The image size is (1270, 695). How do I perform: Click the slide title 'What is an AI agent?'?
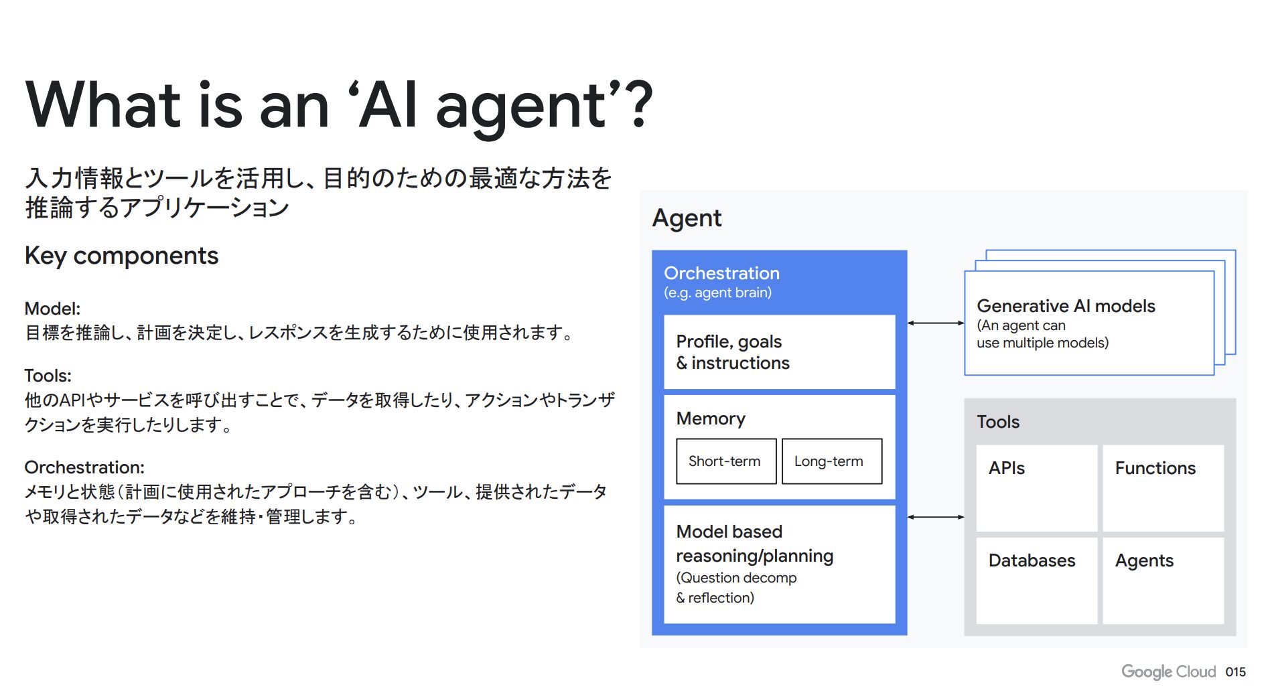point(339,106)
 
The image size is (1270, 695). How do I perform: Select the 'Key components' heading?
point(121,256)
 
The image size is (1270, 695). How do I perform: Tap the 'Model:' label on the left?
point(52,309)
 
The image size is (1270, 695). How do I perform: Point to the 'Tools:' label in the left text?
point(48,376)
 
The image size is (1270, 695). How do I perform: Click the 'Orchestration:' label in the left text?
point(84,467)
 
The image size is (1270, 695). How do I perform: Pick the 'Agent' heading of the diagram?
point(687,219)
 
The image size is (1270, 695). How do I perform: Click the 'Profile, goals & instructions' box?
point(780,352)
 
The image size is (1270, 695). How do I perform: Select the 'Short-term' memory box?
point(726,461)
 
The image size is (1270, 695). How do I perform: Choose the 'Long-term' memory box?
point(832,461)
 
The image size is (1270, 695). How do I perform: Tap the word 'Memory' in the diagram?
point(711,419)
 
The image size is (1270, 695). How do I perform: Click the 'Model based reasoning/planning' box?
point(780,564)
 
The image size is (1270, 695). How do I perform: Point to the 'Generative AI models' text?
point(1066,306)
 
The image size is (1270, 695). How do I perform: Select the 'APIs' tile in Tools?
point(1037,488)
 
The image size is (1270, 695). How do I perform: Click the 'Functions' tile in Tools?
point(1163,488)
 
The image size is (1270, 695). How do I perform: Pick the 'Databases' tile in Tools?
point(1037,581)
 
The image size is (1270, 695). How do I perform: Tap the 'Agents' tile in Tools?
point(1163,581)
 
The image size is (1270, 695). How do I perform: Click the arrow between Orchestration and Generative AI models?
point(936,323)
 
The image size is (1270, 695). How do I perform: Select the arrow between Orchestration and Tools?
point(936,517)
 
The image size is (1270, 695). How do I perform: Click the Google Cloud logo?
point(1168,672)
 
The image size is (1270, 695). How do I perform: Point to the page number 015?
point(1236,672)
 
